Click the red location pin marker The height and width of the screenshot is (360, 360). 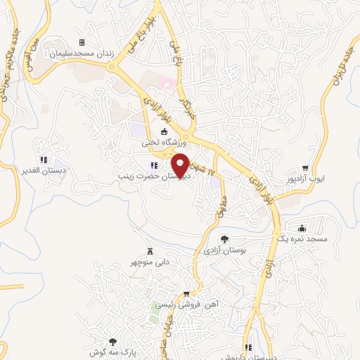point(181,164)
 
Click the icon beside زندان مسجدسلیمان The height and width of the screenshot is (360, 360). point(82,42)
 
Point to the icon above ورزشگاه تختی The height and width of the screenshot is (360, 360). point(165,131)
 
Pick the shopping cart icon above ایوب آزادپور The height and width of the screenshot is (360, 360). point(305,168)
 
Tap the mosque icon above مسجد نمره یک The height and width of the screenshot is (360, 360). point(302,228)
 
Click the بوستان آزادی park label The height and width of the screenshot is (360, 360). point(224,250)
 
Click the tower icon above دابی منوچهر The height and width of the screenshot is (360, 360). point(149,252)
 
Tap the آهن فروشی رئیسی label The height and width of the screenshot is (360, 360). point(186,304)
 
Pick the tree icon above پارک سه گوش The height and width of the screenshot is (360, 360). point(113,340)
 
